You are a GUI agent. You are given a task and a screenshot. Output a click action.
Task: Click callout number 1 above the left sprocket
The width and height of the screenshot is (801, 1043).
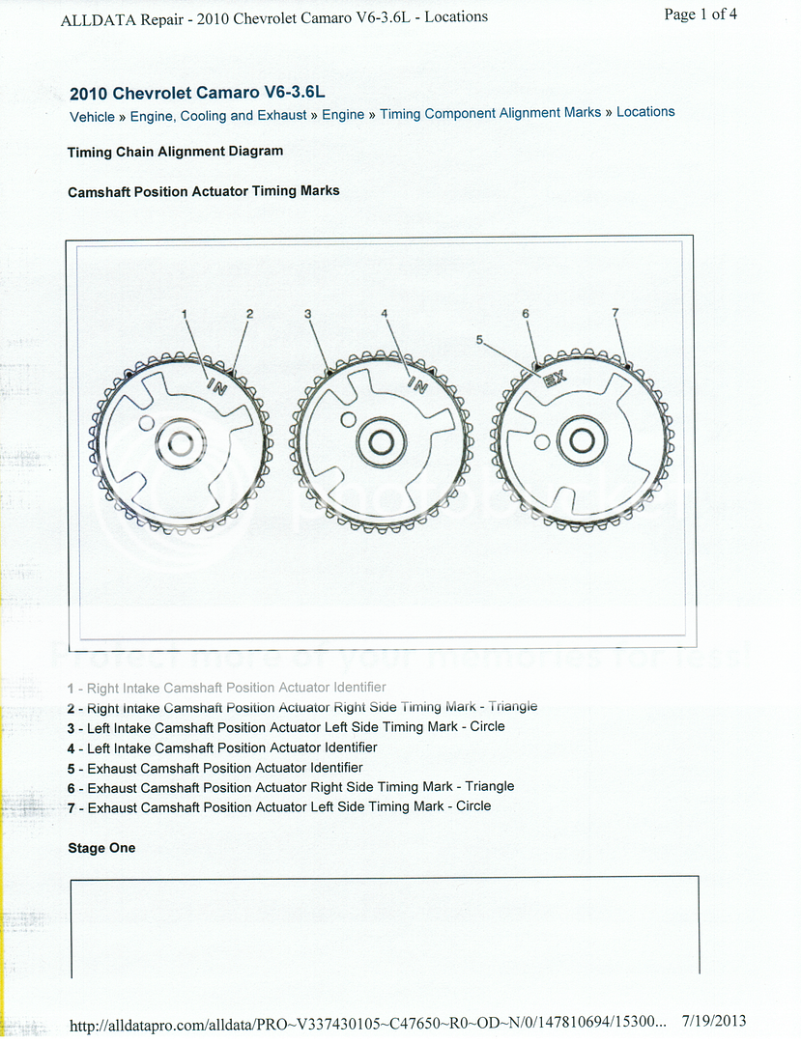click(x=184, y=314)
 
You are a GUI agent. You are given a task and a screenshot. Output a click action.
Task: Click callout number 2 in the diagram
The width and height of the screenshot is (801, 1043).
click(x=249, y=314)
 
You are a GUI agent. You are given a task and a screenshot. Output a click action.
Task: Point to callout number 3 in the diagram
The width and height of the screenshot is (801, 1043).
click(x=308, y=314)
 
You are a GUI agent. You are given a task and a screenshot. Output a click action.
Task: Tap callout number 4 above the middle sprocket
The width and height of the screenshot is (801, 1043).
click(x=385, y=314)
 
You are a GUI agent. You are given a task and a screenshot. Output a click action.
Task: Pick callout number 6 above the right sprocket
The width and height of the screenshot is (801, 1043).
click(x=526, y=314)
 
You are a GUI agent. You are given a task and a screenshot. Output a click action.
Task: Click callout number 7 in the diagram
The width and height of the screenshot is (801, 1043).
click(x=615, y=313)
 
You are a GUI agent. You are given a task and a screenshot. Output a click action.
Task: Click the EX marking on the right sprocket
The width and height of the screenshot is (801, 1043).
click(x=554, y=380)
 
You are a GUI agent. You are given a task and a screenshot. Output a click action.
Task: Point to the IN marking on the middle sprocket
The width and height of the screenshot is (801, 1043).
click(x=416, y=384)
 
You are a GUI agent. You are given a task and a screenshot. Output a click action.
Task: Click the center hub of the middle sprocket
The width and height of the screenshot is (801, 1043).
click(x=380, y=441)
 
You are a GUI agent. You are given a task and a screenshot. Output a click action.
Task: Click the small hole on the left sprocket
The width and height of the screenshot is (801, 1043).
click(x=146, y=423)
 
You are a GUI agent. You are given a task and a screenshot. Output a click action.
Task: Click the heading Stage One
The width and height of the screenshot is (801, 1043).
click(x=101, y=848)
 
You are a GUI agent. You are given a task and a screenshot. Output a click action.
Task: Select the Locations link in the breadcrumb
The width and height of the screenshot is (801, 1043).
click(x=645, y=112)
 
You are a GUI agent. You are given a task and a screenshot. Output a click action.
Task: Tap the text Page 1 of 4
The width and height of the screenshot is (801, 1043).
click(x=701, y=14)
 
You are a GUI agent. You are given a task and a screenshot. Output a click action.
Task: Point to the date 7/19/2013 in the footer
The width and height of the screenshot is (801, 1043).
click(x=713, y=1021)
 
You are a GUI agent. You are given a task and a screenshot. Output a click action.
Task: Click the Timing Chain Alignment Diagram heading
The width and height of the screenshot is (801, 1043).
click(x=175, y=152)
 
